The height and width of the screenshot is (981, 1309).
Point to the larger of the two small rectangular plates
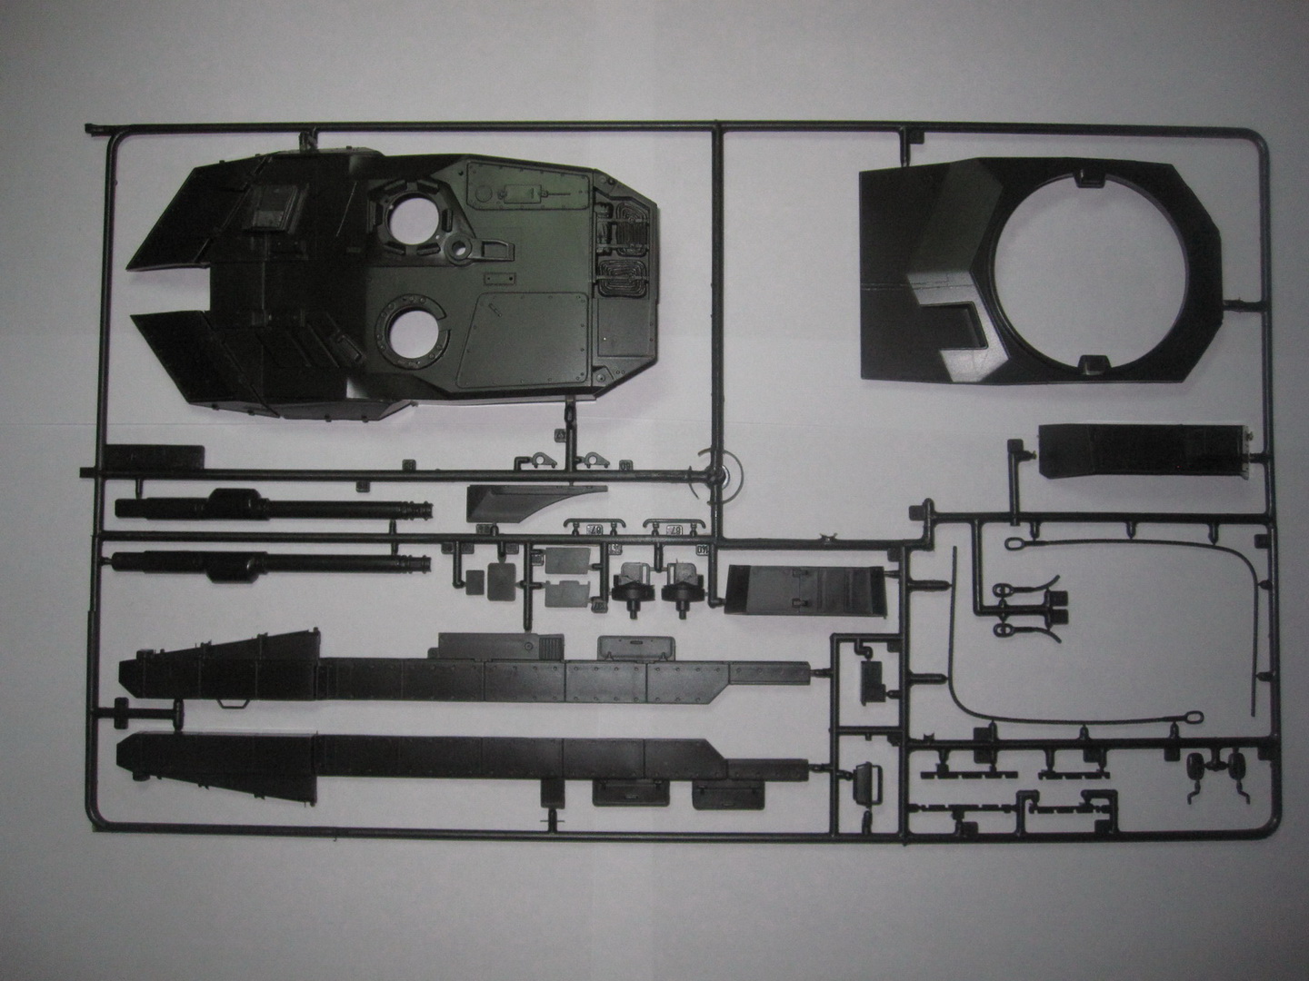(565, 562)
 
